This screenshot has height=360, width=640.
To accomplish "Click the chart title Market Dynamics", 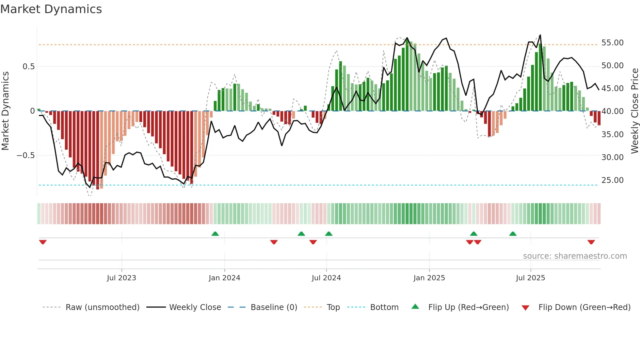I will tap(51, 9).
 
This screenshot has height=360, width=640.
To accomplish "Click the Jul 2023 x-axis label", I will tap(121, 278).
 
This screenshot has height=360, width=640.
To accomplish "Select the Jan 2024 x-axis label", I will tap(224, 278).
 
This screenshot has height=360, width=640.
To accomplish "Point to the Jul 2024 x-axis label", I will tap(326, 278).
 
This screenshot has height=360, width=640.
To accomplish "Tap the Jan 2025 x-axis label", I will tap(429, 278).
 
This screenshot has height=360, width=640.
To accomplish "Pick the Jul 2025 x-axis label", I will tap(531, 278).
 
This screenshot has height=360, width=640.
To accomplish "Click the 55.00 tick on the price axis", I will tap(612, 43).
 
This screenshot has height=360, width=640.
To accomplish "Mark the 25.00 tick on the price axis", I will tap(612, 180).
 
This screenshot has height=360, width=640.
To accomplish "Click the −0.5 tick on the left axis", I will tap(25, 155).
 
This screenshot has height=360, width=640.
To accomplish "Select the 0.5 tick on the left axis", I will tap(28, 67).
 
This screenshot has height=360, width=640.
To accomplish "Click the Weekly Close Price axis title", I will tap(634, 111).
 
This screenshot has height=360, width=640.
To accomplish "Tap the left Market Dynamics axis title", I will tap(5, 111).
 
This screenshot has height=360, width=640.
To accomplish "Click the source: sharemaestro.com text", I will tap(575, 256).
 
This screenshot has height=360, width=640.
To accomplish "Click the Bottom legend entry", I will tap(384, 307).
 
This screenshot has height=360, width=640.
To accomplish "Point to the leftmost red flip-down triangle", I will tap(43, 242).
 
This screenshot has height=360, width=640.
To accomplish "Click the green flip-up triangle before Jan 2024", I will tap(215, 234).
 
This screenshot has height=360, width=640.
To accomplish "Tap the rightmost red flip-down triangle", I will tap(591, 242).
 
